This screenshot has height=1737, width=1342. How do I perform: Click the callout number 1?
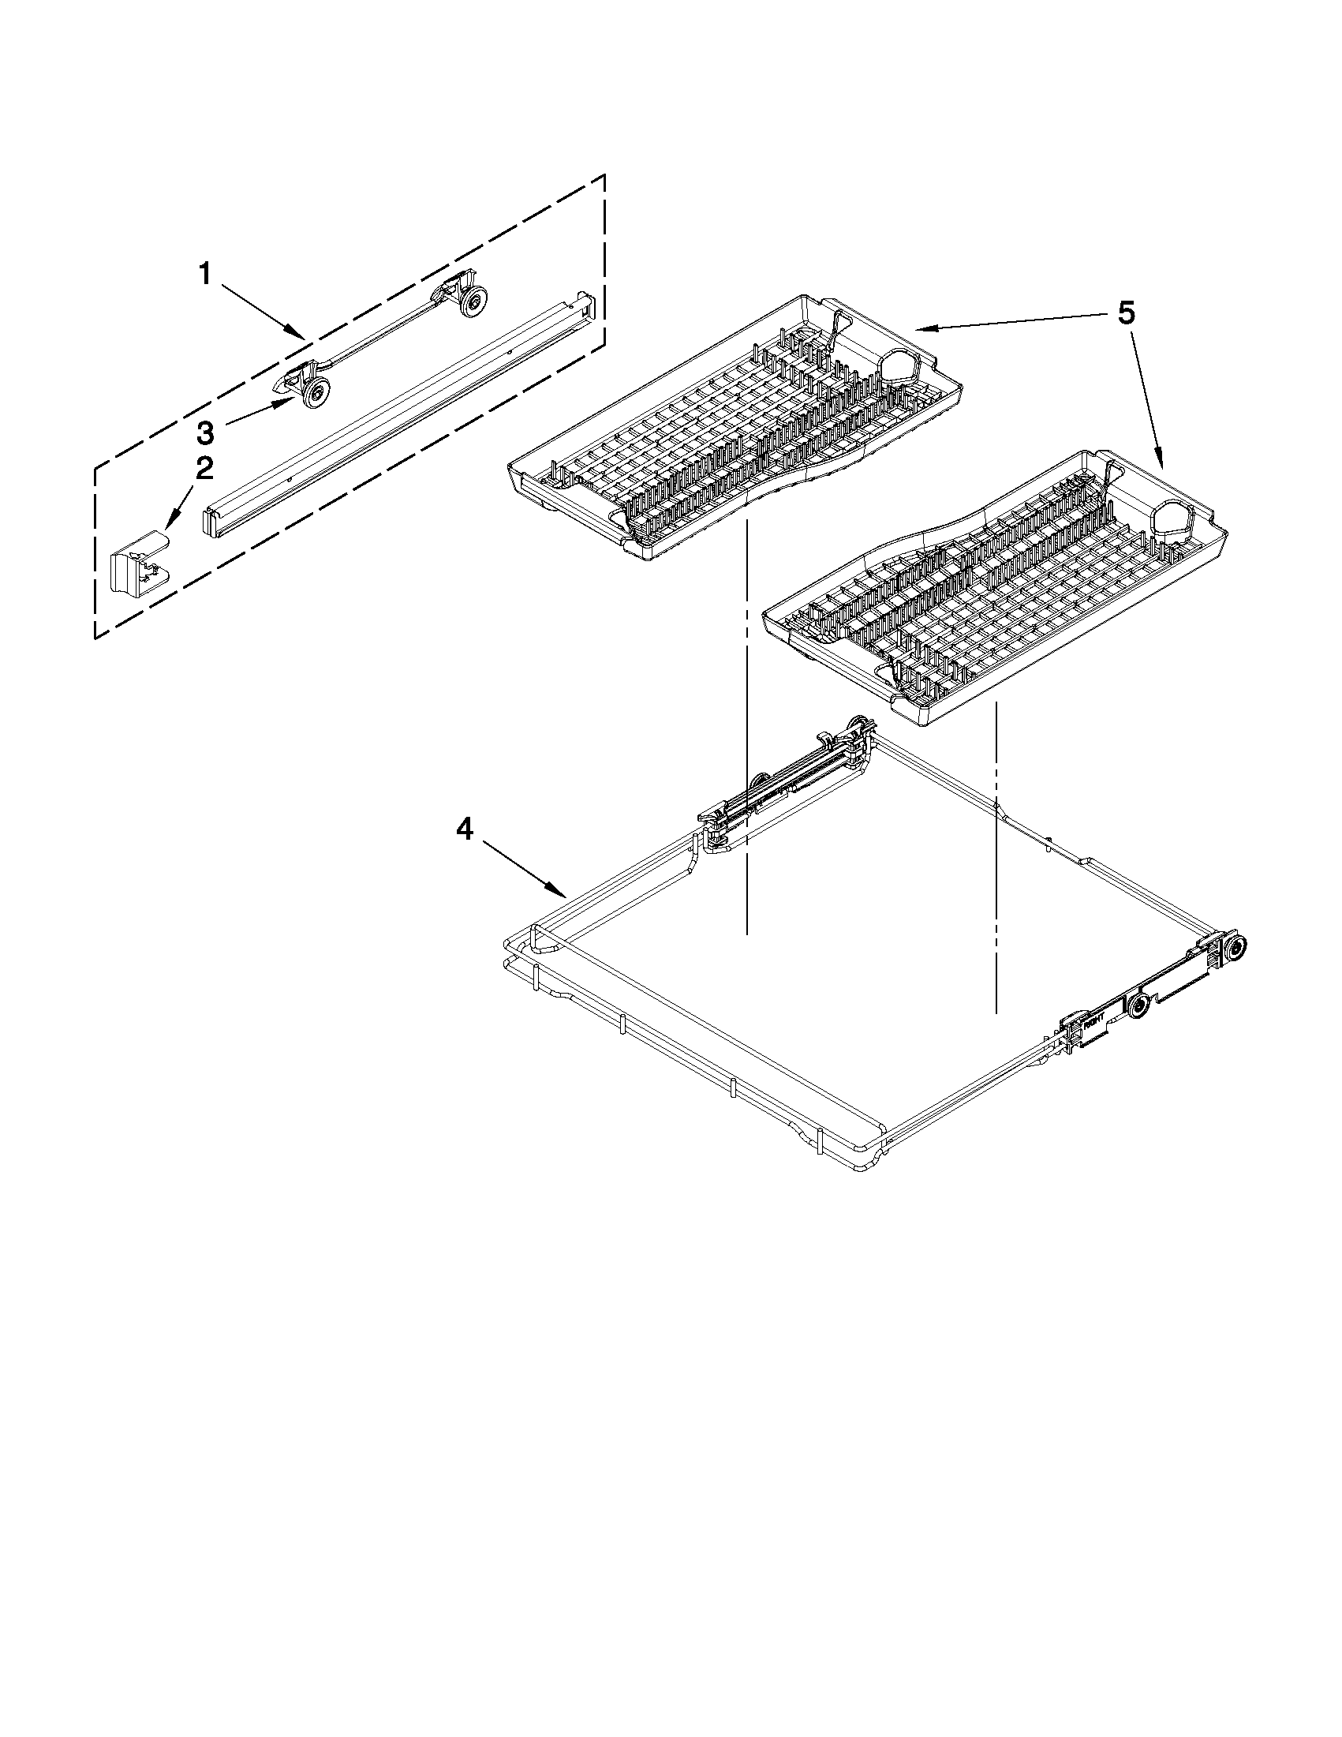(x=205, y=275)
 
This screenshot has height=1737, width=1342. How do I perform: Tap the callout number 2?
(x=204, y=469)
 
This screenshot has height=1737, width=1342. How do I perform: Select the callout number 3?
(x=205, y=433)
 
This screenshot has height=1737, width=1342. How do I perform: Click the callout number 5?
(x=1125, y=313)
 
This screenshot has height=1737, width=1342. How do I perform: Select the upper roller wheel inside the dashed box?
(x=475, y=301)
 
